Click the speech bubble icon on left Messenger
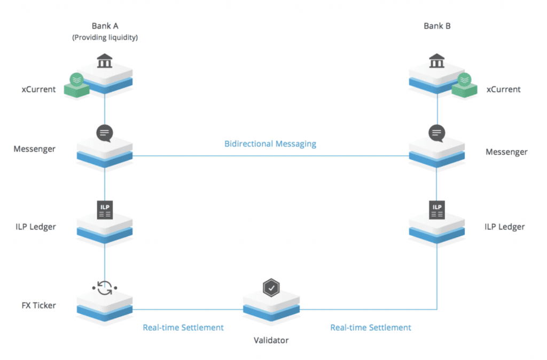pyautogui.click(x=104, y=132)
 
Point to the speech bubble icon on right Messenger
pyautogui.click(x=437, y=132)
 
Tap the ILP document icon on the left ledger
pyautogui.click(x=104, y=209)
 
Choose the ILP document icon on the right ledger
pyautogui.click(x=437, y=209)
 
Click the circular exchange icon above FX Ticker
pyautogui.click(x=104, y=288)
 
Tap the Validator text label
pyautogui.click(x=271, y=340)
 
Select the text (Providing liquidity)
pyautogui.click(x=105, y=37)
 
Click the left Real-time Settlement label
pyautogui.click(x=183, y=327)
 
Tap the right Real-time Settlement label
pyautogui.click(x=371, y=327)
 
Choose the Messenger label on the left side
pyautogui.click(x=34, y=148)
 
